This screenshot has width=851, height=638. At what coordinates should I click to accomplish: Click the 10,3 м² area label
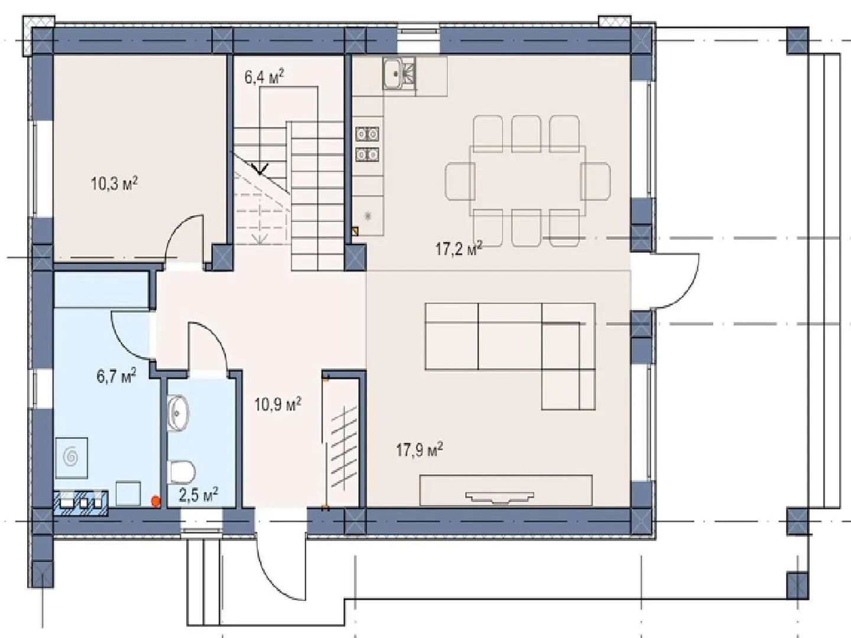point(115,183)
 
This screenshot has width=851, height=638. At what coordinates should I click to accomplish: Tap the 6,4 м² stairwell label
point(264,77)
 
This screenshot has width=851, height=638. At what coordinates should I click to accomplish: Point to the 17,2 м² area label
point(459,249)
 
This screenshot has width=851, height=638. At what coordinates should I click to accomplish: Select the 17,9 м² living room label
point(420,451)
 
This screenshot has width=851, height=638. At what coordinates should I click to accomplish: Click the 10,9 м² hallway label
point(278,405)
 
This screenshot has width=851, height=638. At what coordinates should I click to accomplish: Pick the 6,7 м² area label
point(116,376)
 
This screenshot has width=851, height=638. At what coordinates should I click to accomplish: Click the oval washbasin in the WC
point(178,413)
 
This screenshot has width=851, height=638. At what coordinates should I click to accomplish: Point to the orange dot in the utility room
point(156,502)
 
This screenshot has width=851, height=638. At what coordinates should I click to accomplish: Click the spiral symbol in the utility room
point(72,457)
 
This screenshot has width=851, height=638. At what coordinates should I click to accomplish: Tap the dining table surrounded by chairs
point(528,181)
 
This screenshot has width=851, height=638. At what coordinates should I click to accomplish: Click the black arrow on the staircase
point(260,168)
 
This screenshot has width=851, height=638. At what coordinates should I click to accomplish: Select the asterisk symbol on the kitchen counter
point(368,216)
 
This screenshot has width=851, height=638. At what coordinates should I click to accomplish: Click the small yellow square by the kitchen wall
point(355,232)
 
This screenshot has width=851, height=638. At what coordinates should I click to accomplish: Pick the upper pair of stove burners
point(367,134)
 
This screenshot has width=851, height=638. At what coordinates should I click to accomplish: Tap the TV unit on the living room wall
point(506,490)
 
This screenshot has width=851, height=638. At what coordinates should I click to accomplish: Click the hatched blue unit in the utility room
point(80,502)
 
